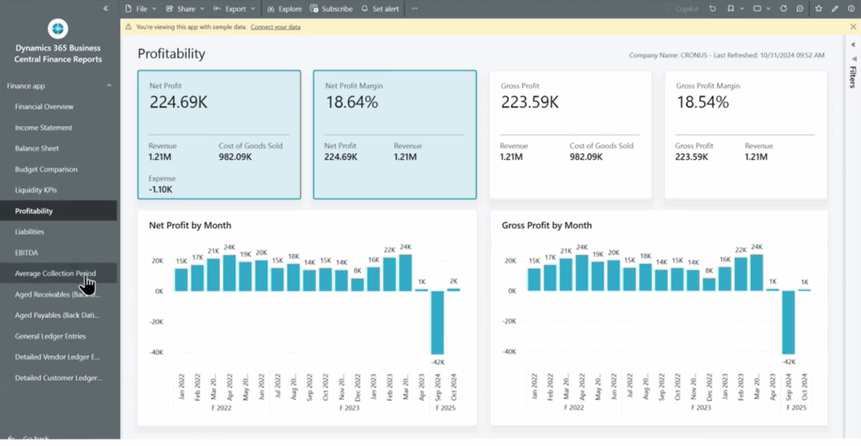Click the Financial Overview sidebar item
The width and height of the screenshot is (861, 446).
[x=44, y=107]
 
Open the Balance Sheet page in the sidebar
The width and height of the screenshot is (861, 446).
[x=37, y=148]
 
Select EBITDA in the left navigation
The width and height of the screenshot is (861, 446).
[x=26, y=252]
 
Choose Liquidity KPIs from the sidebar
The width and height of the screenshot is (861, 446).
[x=35, y=190]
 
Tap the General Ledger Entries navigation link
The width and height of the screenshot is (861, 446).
[x=50, y=336]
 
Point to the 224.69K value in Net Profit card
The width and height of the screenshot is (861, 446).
[x=178, y=103]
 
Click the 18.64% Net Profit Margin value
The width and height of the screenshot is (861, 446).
[x=351, y=103]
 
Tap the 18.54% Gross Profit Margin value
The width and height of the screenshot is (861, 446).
[x=704, y=103]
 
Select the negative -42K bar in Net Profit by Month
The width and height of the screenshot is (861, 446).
[x=437, y=322]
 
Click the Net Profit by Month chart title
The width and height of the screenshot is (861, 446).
[x=190, y=226]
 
